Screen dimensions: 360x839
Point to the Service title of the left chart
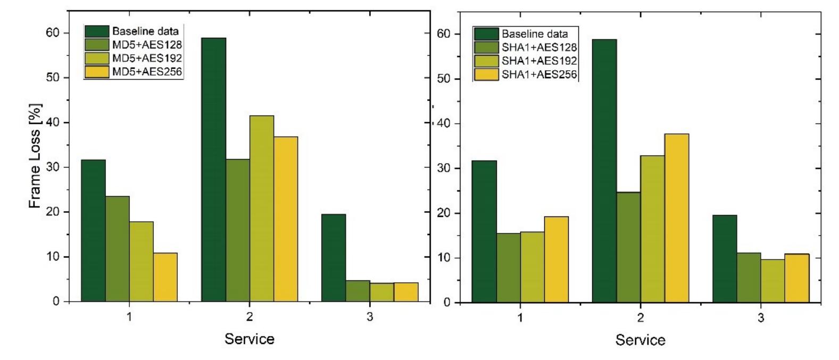coord(249,339)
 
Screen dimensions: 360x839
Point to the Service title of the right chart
coord(640,340)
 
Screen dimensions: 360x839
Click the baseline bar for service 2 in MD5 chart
coord(213,170)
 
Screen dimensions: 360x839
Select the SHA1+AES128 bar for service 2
coord(628,247)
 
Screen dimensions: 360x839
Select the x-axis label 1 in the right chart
coord(520,319)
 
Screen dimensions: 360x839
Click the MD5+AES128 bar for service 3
coord(358,291)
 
